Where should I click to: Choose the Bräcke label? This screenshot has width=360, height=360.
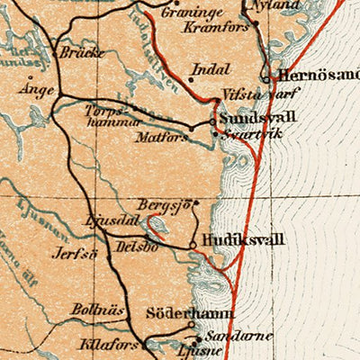(x=82, y=52)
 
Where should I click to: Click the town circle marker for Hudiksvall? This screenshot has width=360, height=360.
(x=192, y=243)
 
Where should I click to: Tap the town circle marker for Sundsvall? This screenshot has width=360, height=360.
(x=213, y=120)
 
